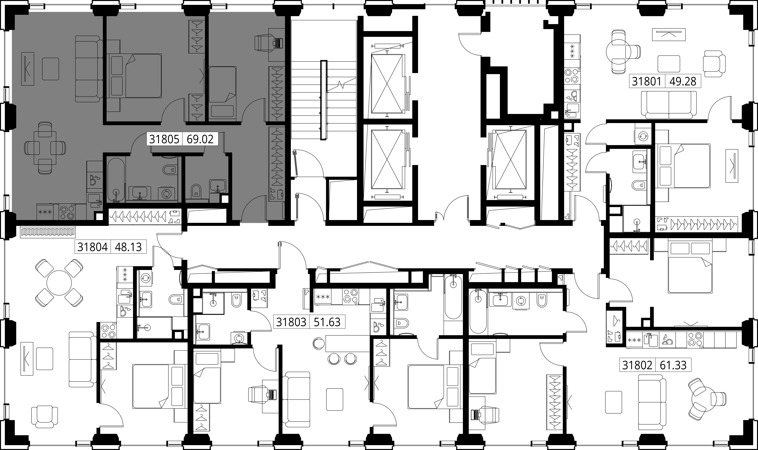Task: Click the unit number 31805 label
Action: [164, 139]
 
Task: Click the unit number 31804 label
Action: [92, 247]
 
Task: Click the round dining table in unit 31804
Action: [59, 283]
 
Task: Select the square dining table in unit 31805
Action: [45, 148]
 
